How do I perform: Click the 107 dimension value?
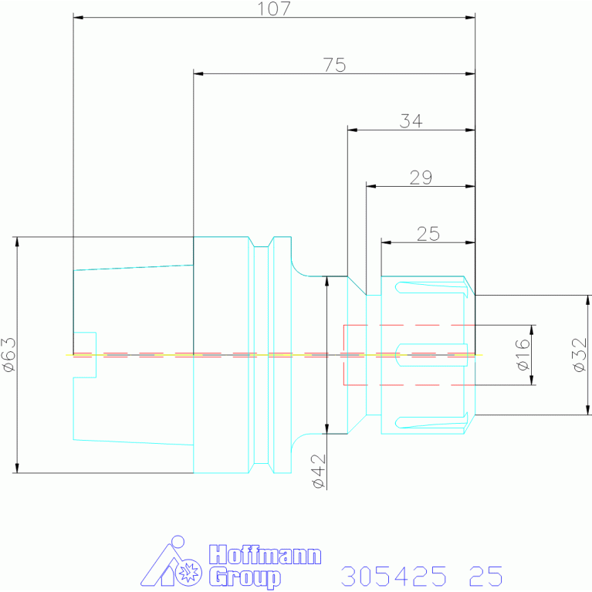point(274,8)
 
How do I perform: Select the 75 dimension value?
point(334,65)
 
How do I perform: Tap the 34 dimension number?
point(411,121)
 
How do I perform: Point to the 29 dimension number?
point(421,178)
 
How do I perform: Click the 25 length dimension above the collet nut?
point(428,234)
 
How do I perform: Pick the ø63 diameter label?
point(9,354)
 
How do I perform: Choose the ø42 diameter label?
point(319,471)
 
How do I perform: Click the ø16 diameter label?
point(523,355)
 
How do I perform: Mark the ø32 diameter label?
point(580,355)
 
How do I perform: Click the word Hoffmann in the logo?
point(265,555)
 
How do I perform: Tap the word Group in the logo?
point(245,577)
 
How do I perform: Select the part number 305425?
point(394,576)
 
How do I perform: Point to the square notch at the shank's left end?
point(85,355)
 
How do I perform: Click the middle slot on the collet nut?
point(431,355)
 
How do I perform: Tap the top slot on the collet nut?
point(431,288)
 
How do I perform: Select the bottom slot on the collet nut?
point(431,422)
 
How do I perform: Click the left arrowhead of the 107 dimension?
point(78,18)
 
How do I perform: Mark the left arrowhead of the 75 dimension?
point(198,73)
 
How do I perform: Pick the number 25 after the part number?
point(486,576)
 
